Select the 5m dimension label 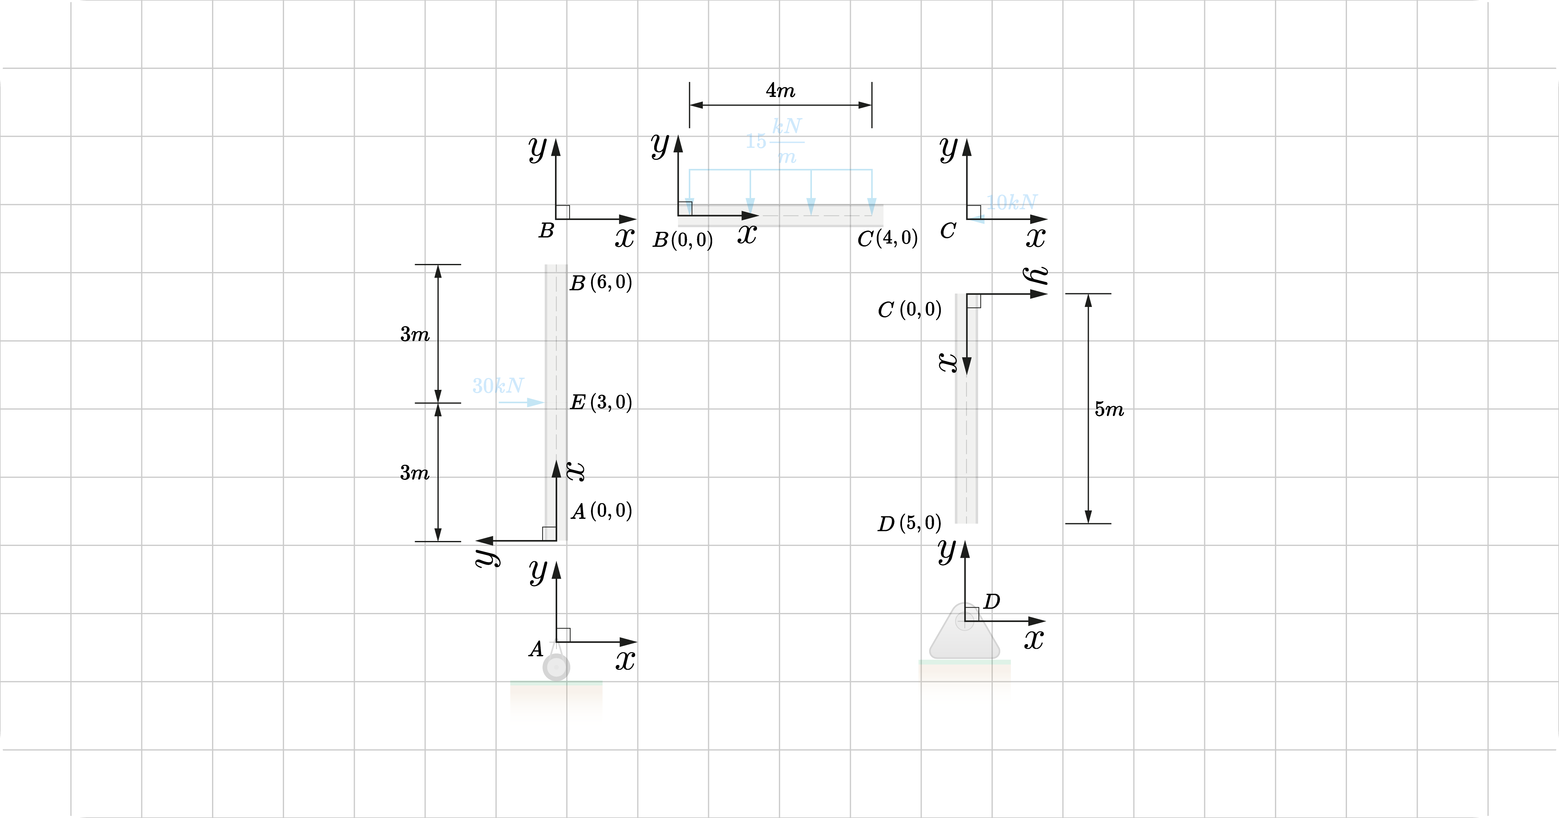tap(1109, 409)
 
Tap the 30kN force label tap(497, 385)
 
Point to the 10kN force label tap(1011, 202)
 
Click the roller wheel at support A tap(556, 667)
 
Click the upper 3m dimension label tap(415, 334)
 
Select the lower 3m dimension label tap(415, 472)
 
